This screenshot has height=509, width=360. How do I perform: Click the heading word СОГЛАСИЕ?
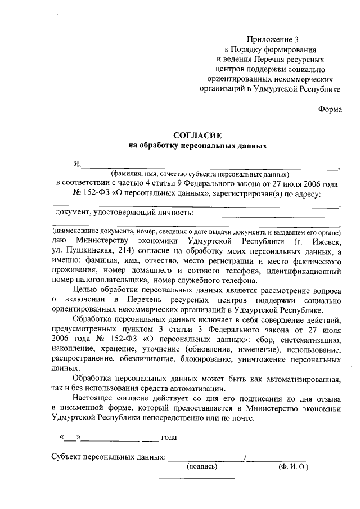pos(197,135)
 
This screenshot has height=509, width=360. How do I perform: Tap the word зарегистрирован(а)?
pos(248,194)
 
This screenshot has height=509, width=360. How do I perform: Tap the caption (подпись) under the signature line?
pos(201,466)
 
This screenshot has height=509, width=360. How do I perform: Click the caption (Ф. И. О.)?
pos(293,466)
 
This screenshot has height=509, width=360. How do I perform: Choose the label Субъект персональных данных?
pos(108,457)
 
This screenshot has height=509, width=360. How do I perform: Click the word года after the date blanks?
pos(170,437)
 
